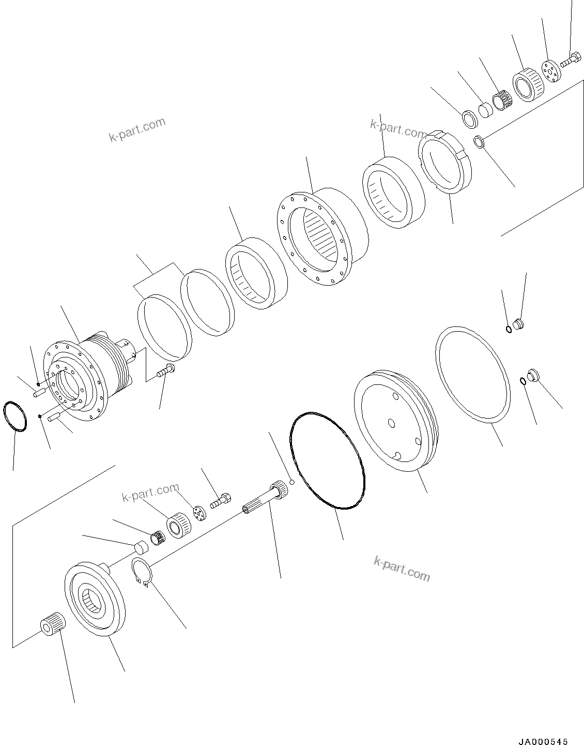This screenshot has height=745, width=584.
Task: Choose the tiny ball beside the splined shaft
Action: [292, 482]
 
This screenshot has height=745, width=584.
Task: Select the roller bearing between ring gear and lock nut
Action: [392, 192]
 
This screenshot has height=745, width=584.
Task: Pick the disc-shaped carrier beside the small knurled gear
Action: [95, 599]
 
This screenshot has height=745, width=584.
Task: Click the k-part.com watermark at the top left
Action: [137, 129]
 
